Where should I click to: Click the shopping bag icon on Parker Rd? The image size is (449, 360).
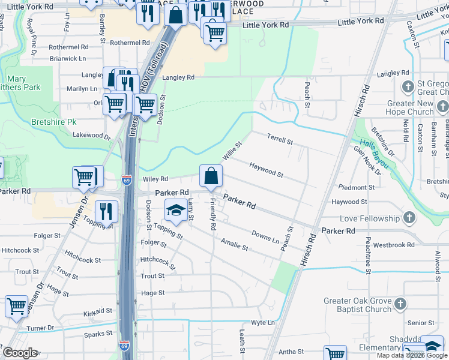coord(211,176)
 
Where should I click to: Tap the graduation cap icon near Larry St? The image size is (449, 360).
coord(176,210)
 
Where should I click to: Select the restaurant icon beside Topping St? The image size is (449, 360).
coord(106,211)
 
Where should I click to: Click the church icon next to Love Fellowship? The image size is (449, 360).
coord(409,218)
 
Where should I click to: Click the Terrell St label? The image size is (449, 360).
coord(280,140)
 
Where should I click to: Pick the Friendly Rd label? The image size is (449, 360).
coord(212,215)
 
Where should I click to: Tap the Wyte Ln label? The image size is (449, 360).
coord(263,322)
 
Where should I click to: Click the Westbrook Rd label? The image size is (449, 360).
coord(394,245)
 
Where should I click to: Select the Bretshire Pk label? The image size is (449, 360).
coord(54,121)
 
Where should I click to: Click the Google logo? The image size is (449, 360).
coord(20,353)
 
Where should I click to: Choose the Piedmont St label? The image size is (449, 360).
coord(356,187)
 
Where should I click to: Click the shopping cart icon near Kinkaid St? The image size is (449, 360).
coord(16,307)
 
